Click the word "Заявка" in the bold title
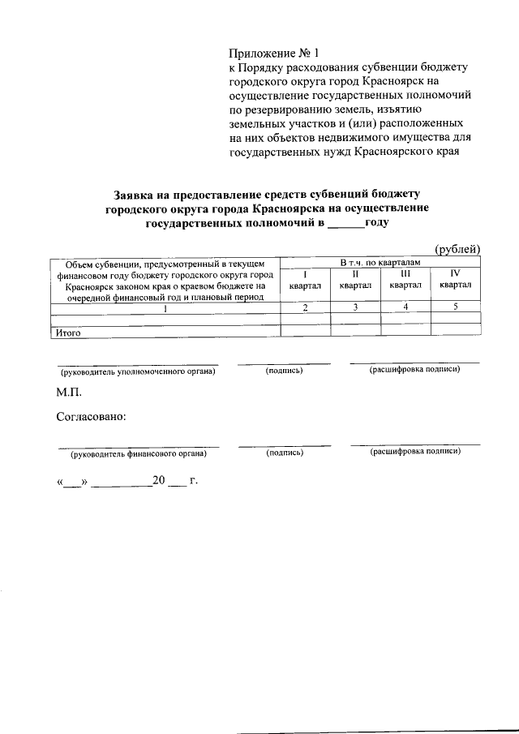(136, 195)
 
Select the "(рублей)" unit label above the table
(458, 249)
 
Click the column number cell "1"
(165, 307)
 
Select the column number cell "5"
(456, 307)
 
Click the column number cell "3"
(355, 307)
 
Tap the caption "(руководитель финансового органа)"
(139, 453)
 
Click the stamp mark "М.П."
(70, 393)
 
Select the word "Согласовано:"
(91, 417)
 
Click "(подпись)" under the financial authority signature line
(285, 453)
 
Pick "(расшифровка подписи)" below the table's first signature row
(415, 370)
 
